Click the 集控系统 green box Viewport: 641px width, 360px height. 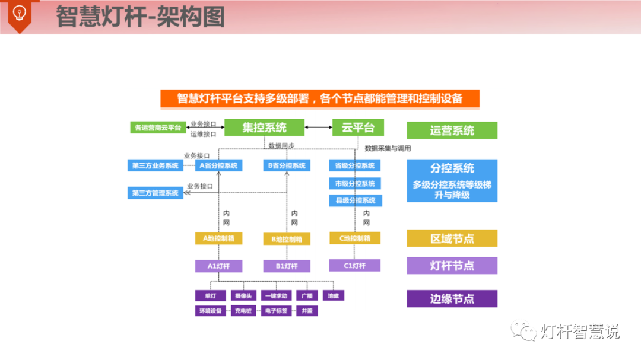tap(264, 127)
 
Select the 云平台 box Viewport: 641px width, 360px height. tap(358, 127)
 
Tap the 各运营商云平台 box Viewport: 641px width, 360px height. tap(158, 127)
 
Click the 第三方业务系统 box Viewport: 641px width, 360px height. tap(156, 165)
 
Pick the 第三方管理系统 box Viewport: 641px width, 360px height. tap(156, 193)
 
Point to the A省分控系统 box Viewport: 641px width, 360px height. tap(218, 165)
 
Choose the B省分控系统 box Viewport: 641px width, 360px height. tap(287, 165)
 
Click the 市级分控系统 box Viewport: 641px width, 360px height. tap(355, 183)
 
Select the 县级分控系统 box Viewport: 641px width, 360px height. tap(355, 200)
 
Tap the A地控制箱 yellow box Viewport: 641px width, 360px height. tap(218, 238)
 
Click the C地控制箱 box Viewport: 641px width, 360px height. tap(355, 238)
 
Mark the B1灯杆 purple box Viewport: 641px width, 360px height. tap(287, 266)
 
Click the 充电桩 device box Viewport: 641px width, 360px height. tap(245, 310)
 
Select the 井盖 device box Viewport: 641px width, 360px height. tap(307, 310)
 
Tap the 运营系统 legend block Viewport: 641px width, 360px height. tap(452, 130)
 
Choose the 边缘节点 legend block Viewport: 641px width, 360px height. tap(452, 298)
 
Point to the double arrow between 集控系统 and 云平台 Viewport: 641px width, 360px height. tap(319, 127)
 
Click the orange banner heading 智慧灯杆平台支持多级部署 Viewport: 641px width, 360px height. tap(319, 98)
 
